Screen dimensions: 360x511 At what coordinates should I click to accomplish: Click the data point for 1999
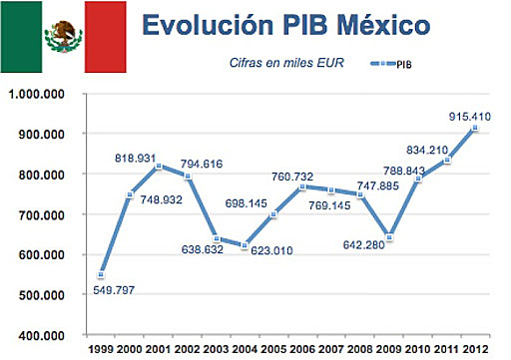pyautogui.click(x=102, y=274)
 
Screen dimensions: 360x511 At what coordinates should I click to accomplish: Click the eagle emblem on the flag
pyautogui.click(x=63, y=37)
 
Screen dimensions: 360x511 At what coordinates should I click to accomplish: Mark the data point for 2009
pyautogui.click(x=390, y=237)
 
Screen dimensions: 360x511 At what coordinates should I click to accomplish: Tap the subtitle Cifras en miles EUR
pyautogui.click(x=274, y=67)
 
